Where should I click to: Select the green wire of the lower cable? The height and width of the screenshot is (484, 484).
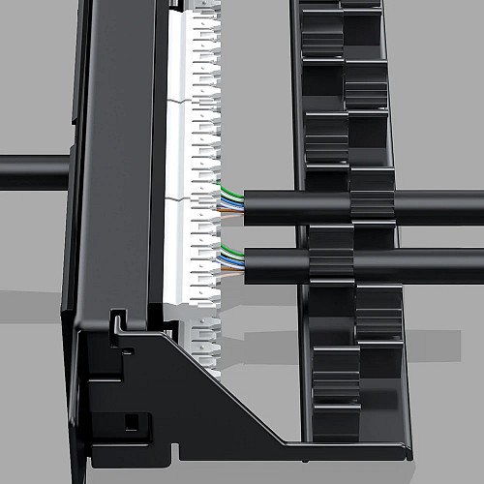(232, 252)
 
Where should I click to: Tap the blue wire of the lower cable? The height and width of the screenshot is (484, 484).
(232, 259)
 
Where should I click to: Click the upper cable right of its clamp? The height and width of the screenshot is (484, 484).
(436, 206)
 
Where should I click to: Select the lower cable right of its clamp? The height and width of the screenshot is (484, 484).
(436, 264)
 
